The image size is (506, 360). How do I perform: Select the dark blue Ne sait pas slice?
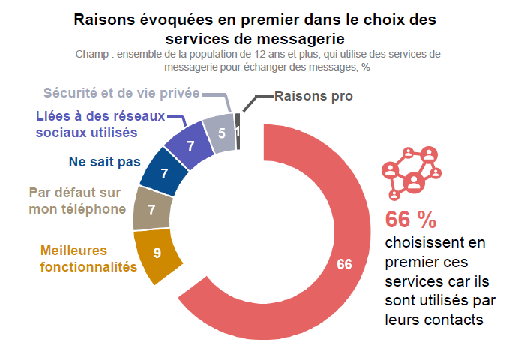[x=163, y=172]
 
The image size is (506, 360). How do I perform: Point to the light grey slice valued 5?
[x=221, y=133]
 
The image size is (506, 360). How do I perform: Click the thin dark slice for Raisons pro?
[x=238, y=130]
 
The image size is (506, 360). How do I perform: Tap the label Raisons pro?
[x=313, y=96]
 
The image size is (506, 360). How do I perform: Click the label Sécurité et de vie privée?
[x=121, y=93]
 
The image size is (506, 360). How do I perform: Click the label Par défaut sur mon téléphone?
[x=76, y=201]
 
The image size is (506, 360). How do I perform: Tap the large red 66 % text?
[x=410, y=220]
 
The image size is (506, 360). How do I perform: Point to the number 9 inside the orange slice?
[x=157, y=253]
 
